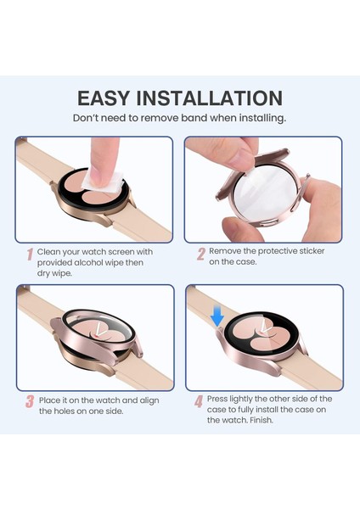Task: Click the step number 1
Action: coord(30,254)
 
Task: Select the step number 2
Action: coord(201,253)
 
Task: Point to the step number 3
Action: coord(30,400)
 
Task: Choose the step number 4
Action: coord(198,400)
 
